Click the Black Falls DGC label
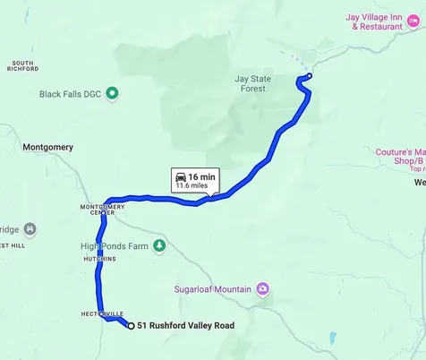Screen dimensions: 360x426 pos(71,93)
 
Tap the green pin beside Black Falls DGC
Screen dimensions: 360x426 pos(112,93)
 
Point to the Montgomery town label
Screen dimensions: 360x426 pos(47,147)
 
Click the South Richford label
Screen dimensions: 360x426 pos(23,65)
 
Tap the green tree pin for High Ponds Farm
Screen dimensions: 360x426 pos(159,244)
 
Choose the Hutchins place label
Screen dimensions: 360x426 pos(99,259)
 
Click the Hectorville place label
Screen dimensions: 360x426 pos(101,313)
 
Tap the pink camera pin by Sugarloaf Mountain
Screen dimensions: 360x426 pos(262,288)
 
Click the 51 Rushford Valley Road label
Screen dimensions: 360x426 pos(185,326)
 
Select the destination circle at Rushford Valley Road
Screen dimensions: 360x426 pos(132,326)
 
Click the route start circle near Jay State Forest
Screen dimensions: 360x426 pos(310,76)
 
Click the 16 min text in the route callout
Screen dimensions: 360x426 pos(201,176)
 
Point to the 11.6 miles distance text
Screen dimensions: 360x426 pos(195,186)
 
